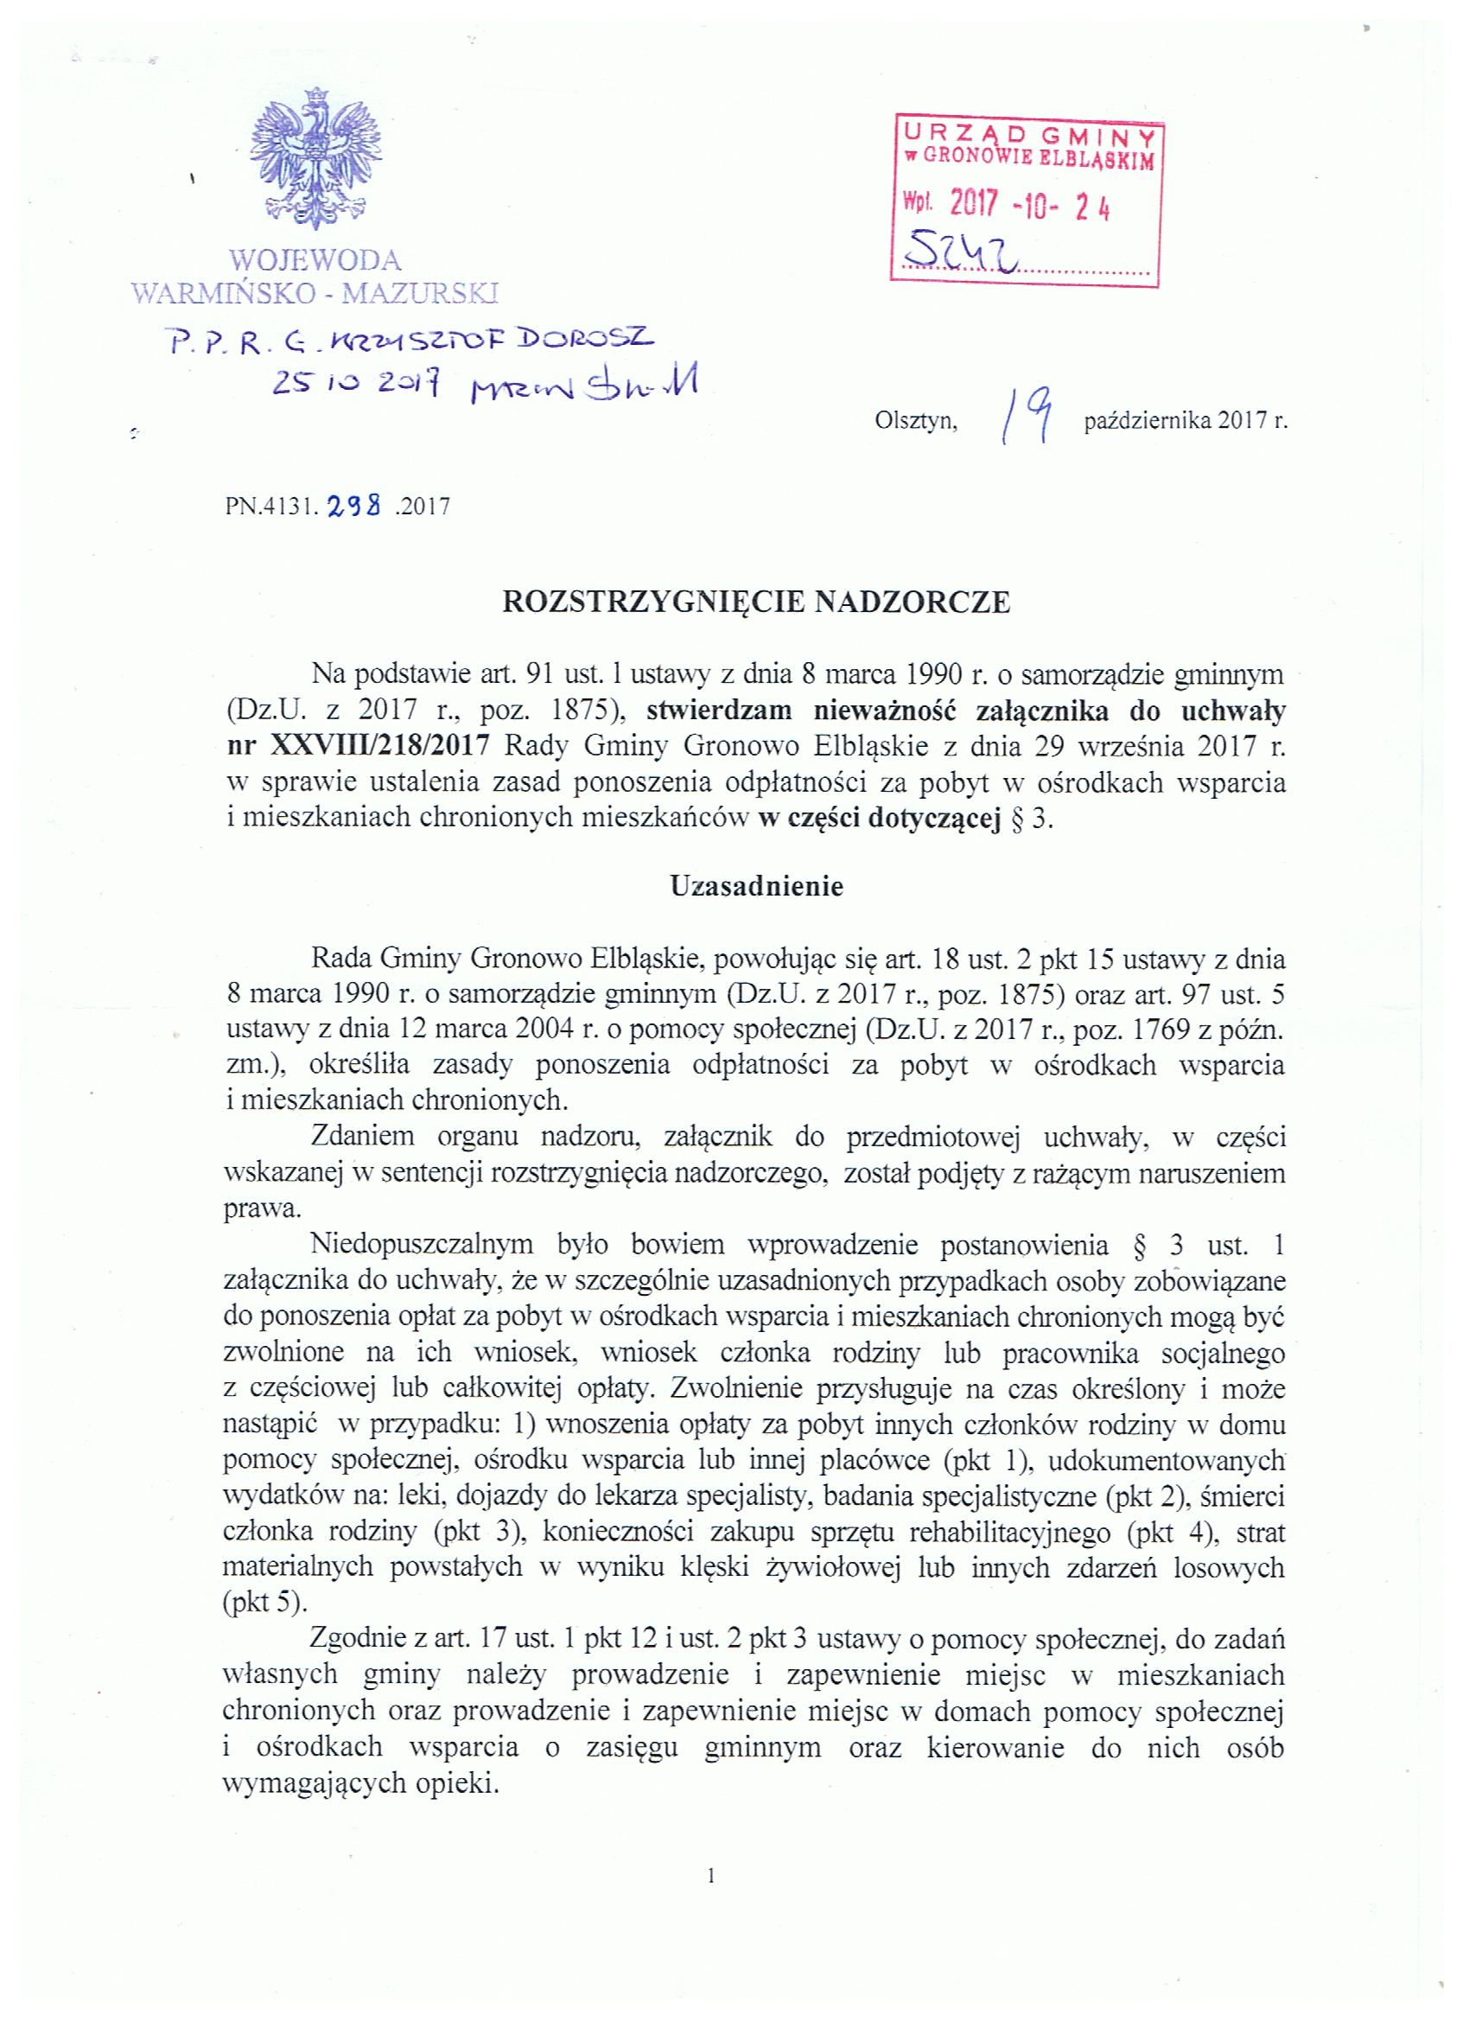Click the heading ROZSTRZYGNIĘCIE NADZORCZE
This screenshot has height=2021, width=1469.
756,603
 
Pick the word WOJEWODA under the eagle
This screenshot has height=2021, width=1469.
316,260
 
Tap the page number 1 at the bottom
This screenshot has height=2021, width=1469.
711,1876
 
